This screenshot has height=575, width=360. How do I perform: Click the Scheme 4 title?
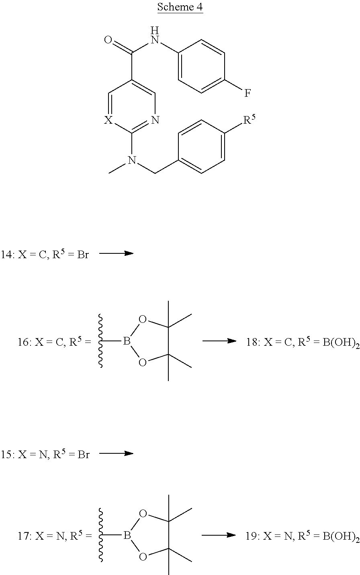(180, 7)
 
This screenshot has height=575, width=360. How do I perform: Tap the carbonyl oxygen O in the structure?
(108, 40)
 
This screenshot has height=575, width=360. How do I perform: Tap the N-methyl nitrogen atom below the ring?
(131, 161)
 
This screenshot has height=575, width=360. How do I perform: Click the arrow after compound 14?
(116, 253)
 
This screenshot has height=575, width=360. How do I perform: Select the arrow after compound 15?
(116, 453)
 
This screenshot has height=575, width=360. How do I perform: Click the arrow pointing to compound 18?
(219, 341)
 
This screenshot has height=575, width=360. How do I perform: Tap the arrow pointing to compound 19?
(218, 535)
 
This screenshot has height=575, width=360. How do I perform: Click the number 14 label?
(7, 255)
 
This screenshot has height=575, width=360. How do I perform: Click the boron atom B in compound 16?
(126, 341)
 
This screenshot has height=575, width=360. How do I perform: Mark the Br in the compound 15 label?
(83, 455)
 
